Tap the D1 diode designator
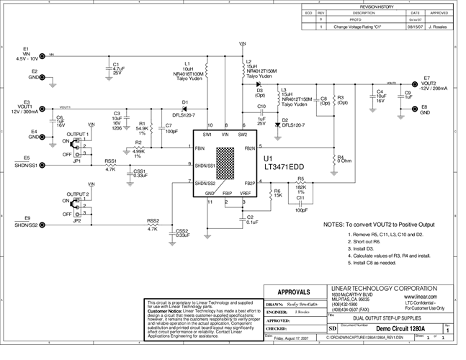(x=185, y=102)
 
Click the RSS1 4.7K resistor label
(x=110, y=165)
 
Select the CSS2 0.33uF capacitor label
(x=182, y=233)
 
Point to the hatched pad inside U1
(x=226, y=161)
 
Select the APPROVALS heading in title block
(x=292, y=292)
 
